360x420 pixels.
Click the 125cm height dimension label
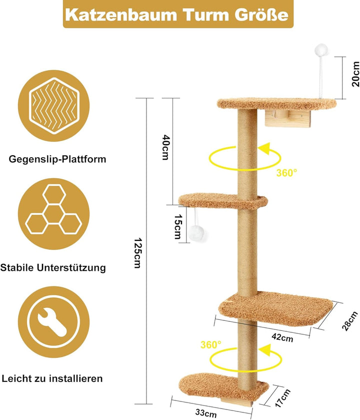tap(137, 253)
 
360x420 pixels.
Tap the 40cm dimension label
tap(166, 147)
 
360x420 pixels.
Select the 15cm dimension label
tap(178, 226)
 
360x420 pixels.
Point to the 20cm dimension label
tap(355, 74)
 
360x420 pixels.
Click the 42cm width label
tap(282, 337)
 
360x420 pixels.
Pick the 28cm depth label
tap(350, 321)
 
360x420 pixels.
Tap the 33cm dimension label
tap(206, 413)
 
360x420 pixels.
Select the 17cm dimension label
tap(282, 398)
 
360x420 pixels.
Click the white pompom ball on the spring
tap(321, 50)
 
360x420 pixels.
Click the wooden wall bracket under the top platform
tap(288, 119)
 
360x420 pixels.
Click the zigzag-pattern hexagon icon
tap(54, 106)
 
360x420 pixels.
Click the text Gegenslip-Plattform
tap(57, 159)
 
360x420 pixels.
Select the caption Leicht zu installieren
tap(52, 378)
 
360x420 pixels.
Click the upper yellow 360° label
tap(286, 173)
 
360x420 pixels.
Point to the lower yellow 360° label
tap(211, 344)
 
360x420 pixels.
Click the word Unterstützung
tap(71, 268)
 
